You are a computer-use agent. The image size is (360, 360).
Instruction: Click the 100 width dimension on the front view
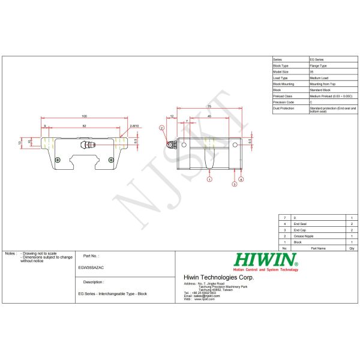pos(84,116)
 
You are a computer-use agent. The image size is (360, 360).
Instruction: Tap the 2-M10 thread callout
pos(134,126)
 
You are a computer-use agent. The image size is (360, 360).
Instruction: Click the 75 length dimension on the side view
pos(209,106)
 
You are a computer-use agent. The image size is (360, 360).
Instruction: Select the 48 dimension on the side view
pos(208,115)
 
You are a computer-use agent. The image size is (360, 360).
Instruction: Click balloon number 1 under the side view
pos(209,179)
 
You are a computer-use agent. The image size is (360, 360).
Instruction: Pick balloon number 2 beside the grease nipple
pos(161,128)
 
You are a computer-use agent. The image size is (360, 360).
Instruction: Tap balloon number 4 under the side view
pos(241,179)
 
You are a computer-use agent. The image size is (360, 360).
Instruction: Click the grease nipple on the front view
pos(89,145)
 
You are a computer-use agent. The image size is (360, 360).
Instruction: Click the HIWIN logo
pos(266,260)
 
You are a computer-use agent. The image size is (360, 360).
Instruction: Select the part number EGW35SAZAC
pos(91,268)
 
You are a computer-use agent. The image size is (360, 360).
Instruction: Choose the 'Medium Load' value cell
pos(319,78)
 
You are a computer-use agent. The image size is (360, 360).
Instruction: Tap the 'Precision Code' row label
pos(283,102)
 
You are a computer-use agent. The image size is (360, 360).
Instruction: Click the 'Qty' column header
pos(352,247)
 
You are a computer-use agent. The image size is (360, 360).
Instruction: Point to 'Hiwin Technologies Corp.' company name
pos(218,277)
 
